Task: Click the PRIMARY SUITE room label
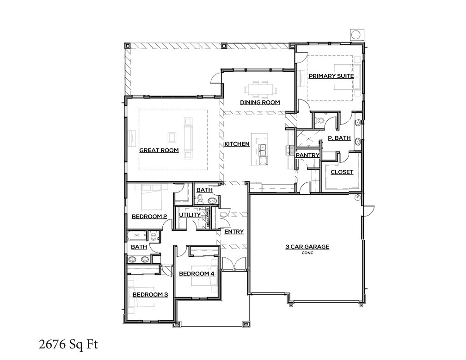331,76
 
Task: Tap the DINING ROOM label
260,102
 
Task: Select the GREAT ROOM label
159,150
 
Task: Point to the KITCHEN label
237,144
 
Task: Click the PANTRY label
308,155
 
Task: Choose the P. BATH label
339,138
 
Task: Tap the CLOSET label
342,172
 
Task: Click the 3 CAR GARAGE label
307,247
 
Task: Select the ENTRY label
234,232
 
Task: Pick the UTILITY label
190,215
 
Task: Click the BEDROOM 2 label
149,216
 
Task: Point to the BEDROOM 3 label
150,294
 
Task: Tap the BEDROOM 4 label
196,273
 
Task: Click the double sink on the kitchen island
262,150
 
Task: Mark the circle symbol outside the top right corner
356,35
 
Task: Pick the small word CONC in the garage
307,253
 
